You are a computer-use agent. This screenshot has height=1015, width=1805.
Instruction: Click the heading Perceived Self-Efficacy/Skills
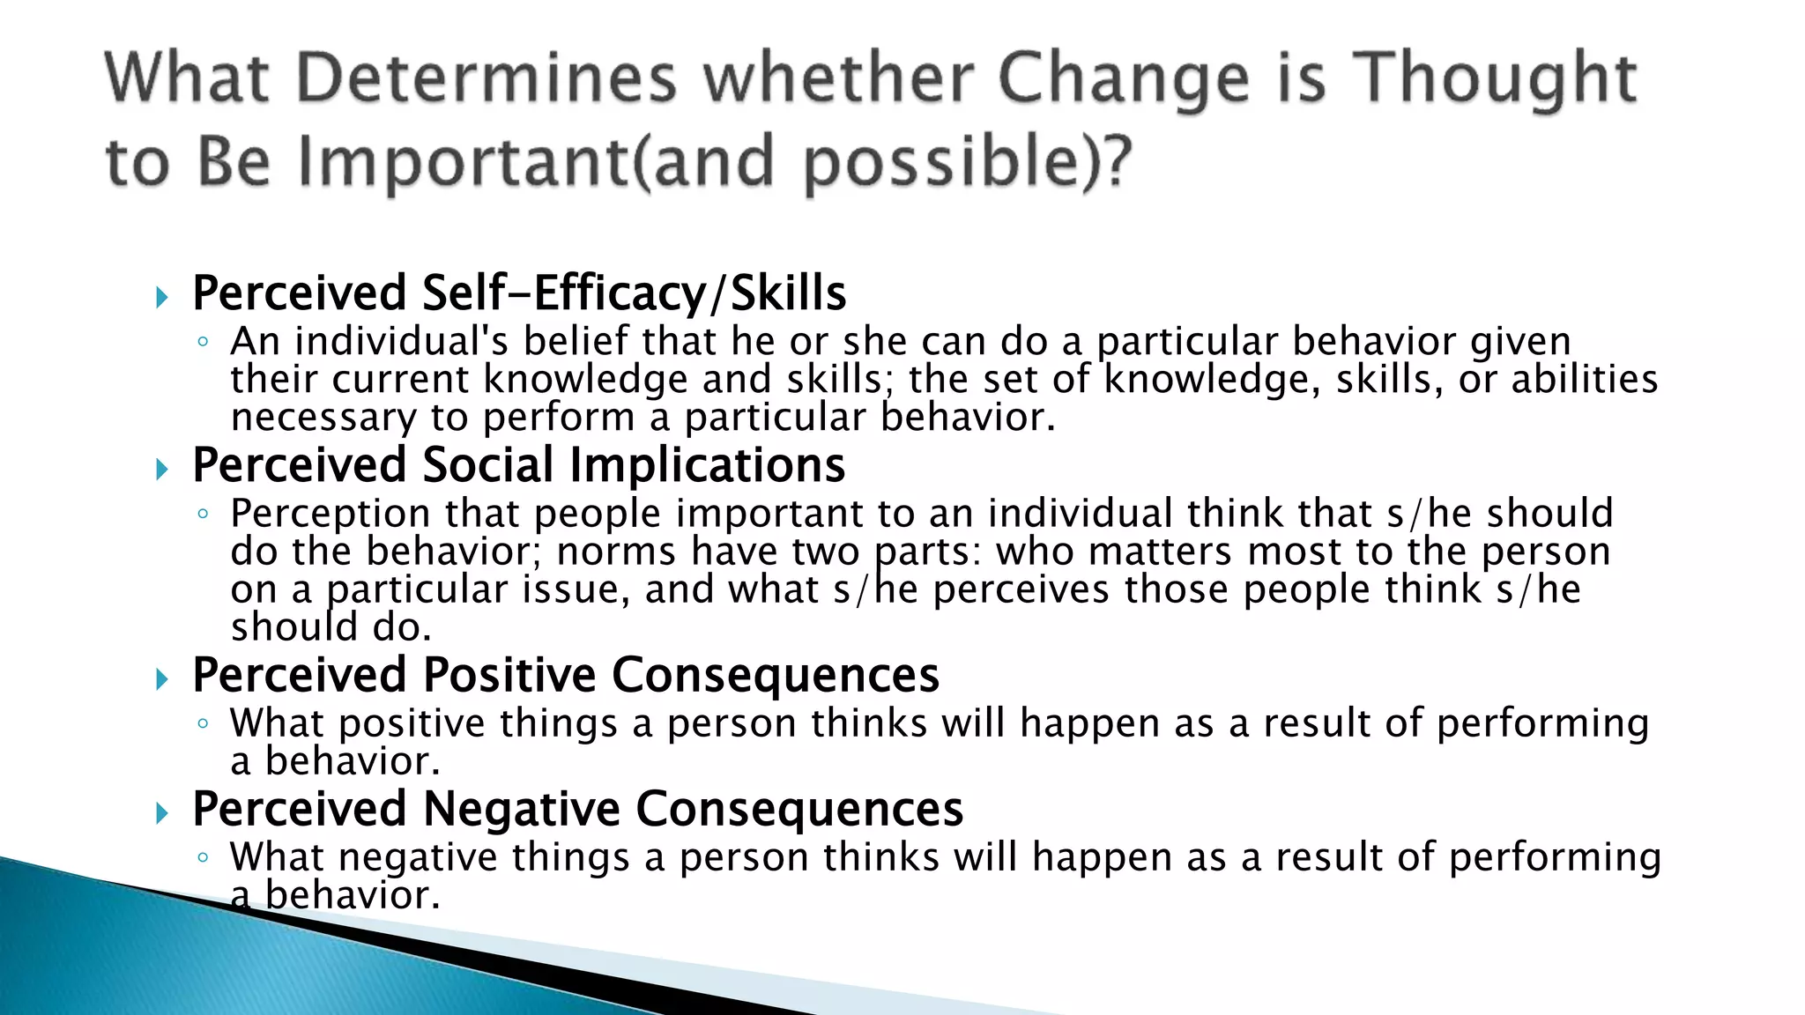coord(518,293)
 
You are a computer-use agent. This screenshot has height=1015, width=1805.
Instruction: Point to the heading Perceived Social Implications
coord(518,465)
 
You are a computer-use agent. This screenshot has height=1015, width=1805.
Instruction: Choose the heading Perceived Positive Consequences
coord(565,675)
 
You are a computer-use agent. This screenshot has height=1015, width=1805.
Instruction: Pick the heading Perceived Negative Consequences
coord(577,809)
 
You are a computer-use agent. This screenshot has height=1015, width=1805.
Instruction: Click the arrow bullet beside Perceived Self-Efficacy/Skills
coord(161,297)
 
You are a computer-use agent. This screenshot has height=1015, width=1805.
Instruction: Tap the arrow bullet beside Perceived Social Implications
coord(161,470)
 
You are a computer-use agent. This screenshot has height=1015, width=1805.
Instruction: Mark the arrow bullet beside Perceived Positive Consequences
coord(161,679)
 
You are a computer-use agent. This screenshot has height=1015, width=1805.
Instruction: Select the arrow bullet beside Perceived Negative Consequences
coord(161,813)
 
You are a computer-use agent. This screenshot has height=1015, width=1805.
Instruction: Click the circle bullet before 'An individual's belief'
coord(203,342)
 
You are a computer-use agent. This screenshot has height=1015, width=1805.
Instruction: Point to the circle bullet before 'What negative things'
coord(203,857)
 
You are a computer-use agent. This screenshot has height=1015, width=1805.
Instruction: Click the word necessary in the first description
coord(323,418)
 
